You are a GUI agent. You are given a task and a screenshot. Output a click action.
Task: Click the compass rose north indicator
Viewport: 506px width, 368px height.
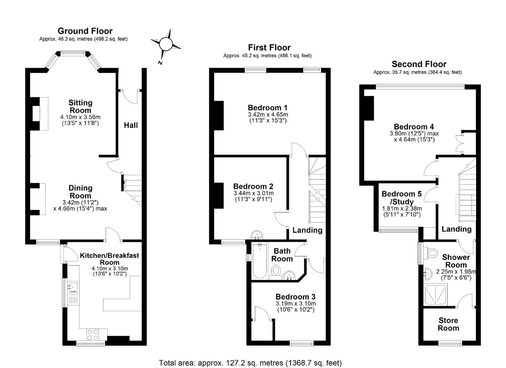166,44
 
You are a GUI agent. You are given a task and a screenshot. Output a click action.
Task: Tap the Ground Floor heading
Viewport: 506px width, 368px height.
85,31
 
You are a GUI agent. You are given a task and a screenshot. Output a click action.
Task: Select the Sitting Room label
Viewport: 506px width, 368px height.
80,106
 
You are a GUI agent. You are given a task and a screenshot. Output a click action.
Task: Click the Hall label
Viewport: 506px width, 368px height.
131,125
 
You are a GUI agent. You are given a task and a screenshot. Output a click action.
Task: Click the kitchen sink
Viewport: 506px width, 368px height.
73,289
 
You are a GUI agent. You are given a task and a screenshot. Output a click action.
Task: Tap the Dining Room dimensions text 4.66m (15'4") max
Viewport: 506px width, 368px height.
80,209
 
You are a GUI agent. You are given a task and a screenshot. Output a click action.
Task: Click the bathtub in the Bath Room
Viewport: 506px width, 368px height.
260,262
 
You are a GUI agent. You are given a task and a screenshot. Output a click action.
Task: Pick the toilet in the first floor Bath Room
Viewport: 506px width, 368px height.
276,272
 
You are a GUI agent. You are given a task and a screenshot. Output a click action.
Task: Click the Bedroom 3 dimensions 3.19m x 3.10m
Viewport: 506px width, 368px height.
295,304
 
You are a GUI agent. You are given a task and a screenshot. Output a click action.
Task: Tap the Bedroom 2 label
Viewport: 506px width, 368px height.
253,186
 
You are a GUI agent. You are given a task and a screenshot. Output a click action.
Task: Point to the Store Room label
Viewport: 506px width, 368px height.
448,324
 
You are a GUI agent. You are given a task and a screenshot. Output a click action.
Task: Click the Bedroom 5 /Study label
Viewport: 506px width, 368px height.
402,198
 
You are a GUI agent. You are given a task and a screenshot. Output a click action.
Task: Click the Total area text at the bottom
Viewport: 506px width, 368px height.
250,363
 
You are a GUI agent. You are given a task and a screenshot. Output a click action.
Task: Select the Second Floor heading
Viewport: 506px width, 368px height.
419,64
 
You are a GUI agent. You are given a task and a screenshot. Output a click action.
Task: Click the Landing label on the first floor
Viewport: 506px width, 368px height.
307,230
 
